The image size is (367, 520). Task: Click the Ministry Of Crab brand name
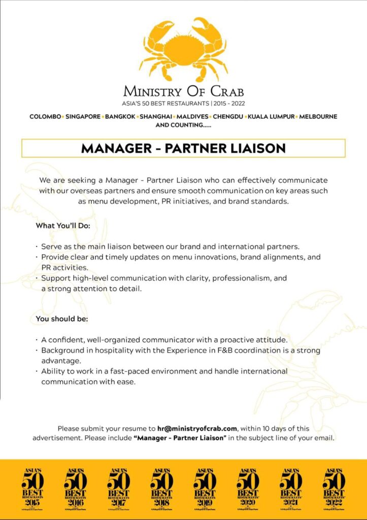click(183, 91)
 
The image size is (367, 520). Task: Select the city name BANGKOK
click(120, 116)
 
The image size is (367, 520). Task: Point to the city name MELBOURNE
click(318, 116)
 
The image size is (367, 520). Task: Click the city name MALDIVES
click(192, 116)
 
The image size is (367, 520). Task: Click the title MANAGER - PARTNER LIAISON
click(183, 148)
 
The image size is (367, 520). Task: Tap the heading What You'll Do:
click(63, 225)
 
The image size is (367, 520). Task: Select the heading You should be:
click(62, 319)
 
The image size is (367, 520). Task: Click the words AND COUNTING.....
click(183, 124)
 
